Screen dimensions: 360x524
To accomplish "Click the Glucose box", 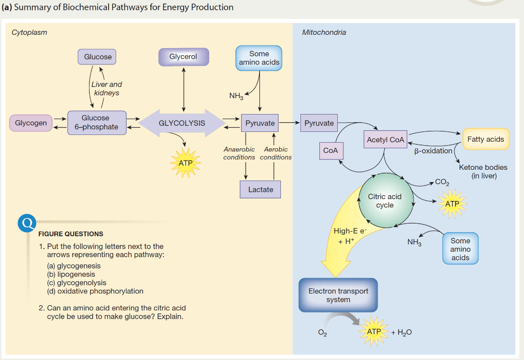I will pyautogui.click(x=97, y=57).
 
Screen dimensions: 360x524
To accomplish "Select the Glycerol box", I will pyautogui.click(x=183, y=57).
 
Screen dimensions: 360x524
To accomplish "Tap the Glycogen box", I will pyautogui.click(x=31, y=123).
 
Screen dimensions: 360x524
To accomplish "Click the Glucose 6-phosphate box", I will pyautogui.click(x=96, y=123).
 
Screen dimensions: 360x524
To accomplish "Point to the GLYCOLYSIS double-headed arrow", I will pyautogui.click(x=182, y=123).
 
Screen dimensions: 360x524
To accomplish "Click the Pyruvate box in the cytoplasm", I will pyautogui.click(x=260, y=123).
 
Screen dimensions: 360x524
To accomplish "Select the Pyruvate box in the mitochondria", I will pyautogui.click(x=319, y=123).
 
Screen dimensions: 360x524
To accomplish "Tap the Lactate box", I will pyautogui.click(x=260, y=190).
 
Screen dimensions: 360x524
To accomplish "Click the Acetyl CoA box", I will pyautogui.click(x=385, y=140).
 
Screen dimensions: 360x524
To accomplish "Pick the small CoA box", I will pyautogui.click(x=331, y=151).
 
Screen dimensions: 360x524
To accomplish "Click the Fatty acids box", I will pyautogui.click(x=486, y=139).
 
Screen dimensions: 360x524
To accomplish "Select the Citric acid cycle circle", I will pyautogui.click(x=385, y=201).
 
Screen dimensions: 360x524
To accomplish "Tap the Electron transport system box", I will pyautogui.click(x=338, y=296).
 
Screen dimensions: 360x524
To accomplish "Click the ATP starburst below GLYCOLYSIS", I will pyautogui.click(x=185, y=163).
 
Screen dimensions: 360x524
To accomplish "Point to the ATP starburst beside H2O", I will pyautogui.click(x=374, y=332).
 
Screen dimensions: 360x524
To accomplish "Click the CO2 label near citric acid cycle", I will pyautogui.click(x=442, y=182).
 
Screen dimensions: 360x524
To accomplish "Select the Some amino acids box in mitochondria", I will pyautogui.click(x=460, y=249).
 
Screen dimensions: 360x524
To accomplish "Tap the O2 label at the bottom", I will pyautogui.click(x=322, y=333).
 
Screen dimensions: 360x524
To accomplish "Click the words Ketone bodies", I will pyautogui.click(x=483, y=167).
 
